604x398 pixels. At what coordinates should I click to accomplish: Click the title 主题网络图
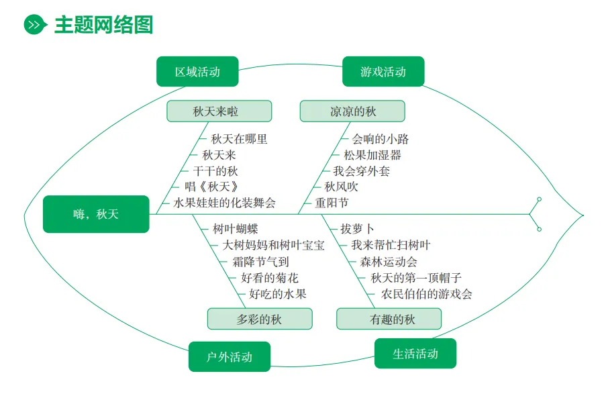103,25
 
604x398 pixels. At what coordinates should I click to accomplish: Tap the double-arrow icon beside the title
35,25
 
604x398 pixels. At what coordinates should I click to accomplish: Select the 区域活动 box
197,72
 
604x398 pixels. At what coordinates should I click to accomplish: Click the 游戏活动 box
383,72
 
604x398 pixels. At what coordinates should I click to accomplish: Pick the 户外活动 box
230,356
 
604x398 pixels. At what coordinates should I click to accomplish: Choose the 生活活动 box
415,353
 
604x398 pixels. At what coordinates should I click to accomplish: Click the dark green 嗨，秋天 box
96,214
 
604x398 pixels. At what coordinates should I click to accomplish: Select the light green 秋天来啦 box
219,111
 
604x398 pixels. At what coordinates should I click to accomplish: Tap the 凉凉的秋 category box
352,111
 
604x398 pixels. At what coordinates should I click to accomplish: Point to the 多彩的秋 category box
259,319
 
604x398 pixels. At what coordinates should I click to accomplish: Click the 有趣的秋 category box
389,319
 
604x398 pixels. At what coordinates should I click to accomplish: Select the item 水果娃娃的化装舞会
224,203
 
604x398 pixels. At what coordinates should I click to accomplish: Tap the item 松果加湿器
372,155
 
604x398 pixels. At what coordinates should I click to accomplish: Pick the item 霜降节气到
260,262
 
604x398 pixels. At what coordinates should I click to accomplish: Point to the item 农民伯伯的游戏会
427,294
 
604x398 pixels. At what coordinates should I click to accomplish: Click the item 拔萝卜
358,229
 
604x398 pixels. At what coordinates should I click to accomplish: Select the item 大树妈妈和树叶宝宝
273,245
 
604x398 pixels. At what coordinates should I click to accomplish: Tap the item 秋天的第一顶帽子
416,278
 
